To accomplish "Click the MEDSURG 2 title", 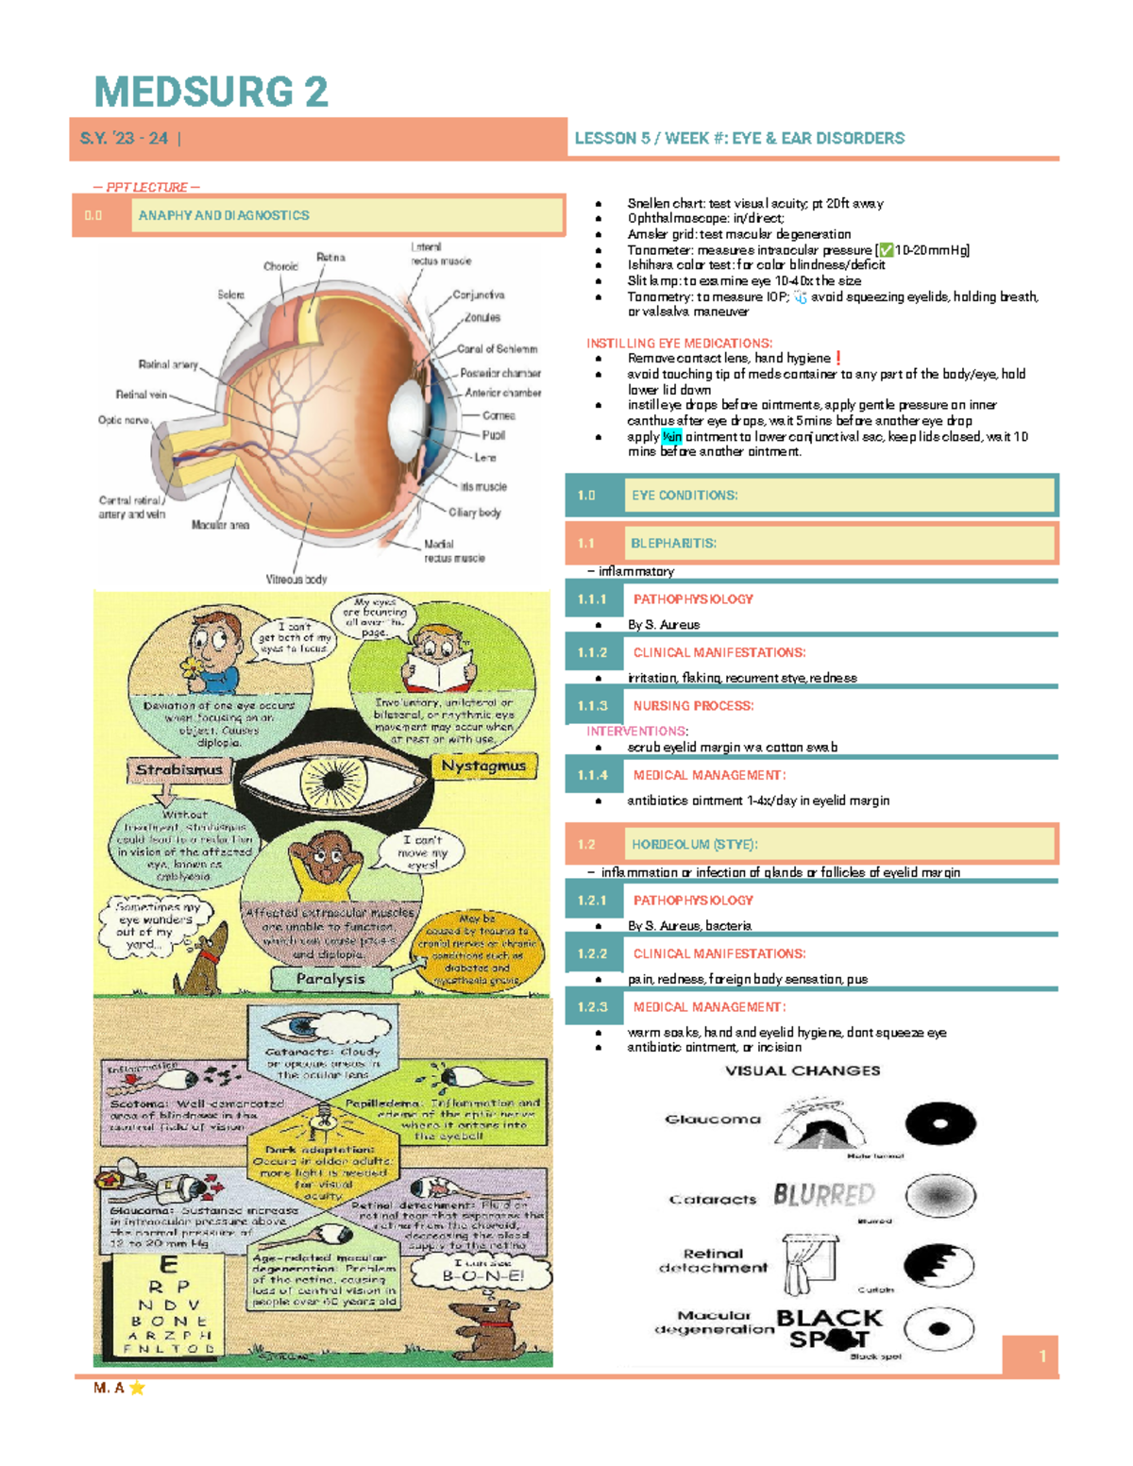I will (211, 93).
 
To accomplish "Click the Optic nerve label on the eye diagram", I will (123, 420).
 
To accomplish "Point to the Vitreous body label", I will (296, 580).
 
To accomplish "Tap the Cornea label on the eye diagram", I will (499, 415).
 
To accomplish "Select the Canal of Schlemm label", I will (498, 349).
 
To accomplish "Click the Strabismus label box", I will (178, 770).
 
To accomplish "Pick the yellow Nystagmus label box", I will (483, 766).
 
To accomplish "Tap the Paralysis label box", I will (330, 979).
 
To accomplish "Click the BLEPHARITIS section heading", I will (673, 544).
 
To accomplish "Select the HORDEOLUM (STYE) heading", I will (694, 845).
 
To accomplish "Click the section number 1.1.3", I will (592, 706).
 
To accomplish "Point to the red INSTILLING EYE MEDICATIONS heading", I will (679, 344).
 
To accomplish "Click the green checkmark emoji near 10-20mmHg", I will (886, 250).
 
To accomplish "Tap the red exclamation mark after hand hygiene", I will (838, 358).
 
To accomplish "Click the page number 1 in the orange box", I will (1042, 1356).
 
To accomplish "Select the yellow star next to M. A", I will (137, 1388).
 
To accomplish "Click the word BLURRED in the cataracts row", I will (824, 1195).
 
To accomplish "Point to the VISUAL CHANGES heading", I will (803, 1070).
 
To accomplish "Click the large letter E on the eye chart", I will (168, 1266).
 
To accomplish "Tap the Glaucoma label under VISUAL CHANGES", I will (713, 1120).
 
